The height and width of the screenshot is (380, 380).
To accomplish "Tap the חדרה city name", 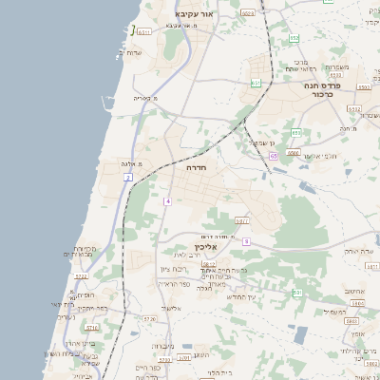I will (210, 166).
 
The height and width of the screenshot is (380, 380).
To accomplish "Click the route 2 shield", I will (128, 178).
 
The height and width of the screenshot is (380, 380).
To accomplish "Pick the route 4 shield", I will (167, 201).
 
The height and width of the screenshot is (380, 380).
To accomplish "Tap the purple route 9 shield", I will (246, 241).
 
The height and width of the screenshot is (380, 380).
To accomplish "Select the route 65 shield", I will (273, 156).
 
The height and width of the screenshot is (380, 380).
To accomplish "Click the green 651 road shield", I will (256, 84).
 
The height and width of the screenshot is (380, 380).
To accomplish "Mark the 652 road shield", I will (295, 38).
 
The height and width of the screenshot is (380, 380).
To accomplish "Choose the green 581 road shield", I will (297, 293).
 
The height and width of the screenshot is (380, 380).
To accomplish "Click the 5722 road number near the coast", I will (81, 275).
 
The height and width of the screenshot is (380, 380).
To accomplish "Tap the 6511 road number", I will (144, 31).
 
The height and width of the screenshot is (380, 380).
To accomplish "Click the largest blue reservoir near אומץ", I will (300, 334).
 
